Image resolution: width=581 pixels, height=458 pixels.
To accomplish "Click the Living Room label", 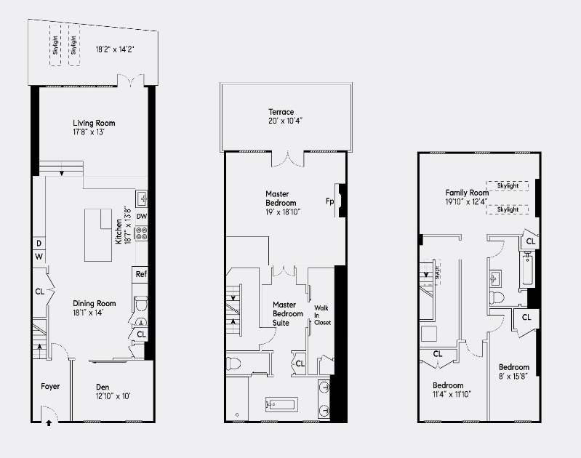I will click(x=94, y=123).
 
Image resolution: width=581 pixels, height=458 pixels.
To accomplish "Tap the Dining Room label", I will click(x=94, y=303).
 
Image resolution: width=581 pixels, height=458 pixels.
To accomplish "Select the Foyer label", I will click(x=50, y=386).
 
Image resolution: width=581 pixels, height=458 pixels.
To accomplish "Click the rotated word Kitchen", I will click(x=119, y=230).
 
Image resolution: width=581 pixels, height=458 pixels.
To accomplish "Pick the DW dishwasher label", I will click(x=142, y=217).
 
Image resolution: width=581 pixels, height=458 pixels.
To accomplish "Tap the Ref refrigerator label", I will click(x=142, y=274).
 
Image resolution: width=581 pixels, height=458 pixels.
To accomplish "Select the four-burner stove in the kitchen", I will click(x=142, y=234).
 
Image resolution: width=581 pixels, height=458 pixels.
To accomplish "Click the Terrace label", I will click(x=281, y=112).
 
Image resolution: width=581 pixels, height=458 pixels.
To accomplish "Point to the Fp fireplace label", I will click(x=329, y=201).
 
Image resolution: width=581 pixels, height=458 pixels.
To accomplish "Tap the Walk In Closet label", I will click(x=321, y=315).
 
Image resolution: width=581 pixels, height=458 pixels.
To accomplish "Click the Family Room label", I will click(x=465, y=193).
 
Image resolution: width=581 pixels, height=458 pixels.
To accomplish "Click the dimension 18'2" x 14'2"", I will click(x=116, y=49).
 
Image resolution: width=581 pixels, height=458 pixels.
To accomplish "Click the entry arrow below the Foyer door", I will click(x=49, y=422).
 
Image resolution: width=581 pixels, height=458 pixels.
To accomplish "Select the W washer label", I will click(x=39, y=257).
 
